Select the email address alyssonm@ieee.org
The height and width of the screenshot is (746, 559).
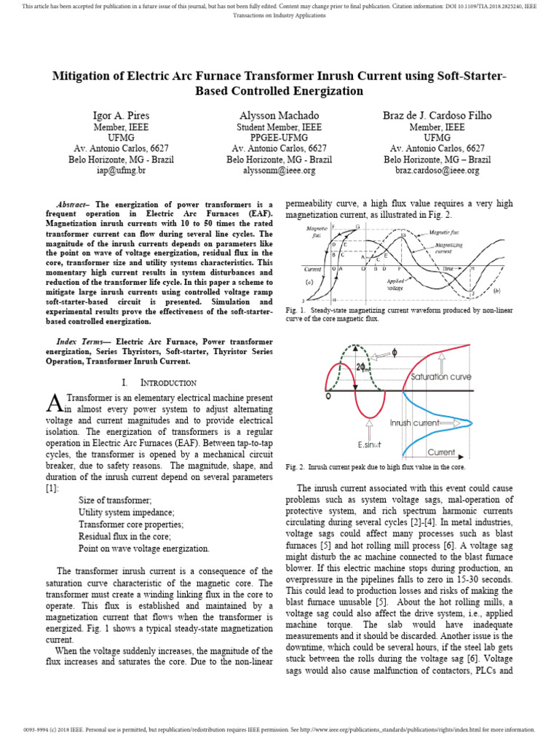pyautogui.click(x=279, y=170)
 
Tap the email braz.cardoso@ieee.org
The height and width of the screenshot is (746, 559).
pyautogui.click(x=438, y=170)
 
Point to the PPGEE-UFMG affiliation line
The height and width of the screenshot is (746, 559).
pyautogui.click(x=279, y=137)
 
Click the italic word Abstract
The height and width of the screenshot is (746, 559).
pyautogui.click(x=72, y=204)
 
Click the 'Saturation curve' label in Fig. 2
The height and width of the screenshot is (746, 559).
pyautogui.click(x=441, y=377)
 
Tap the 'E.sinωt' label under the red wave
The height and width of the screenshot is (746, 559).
pyautogui.click(x=371, y=444)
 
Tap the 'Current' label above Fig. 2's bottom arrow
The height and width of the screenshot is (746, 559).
pyautogui.click(x=442, y=452)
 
